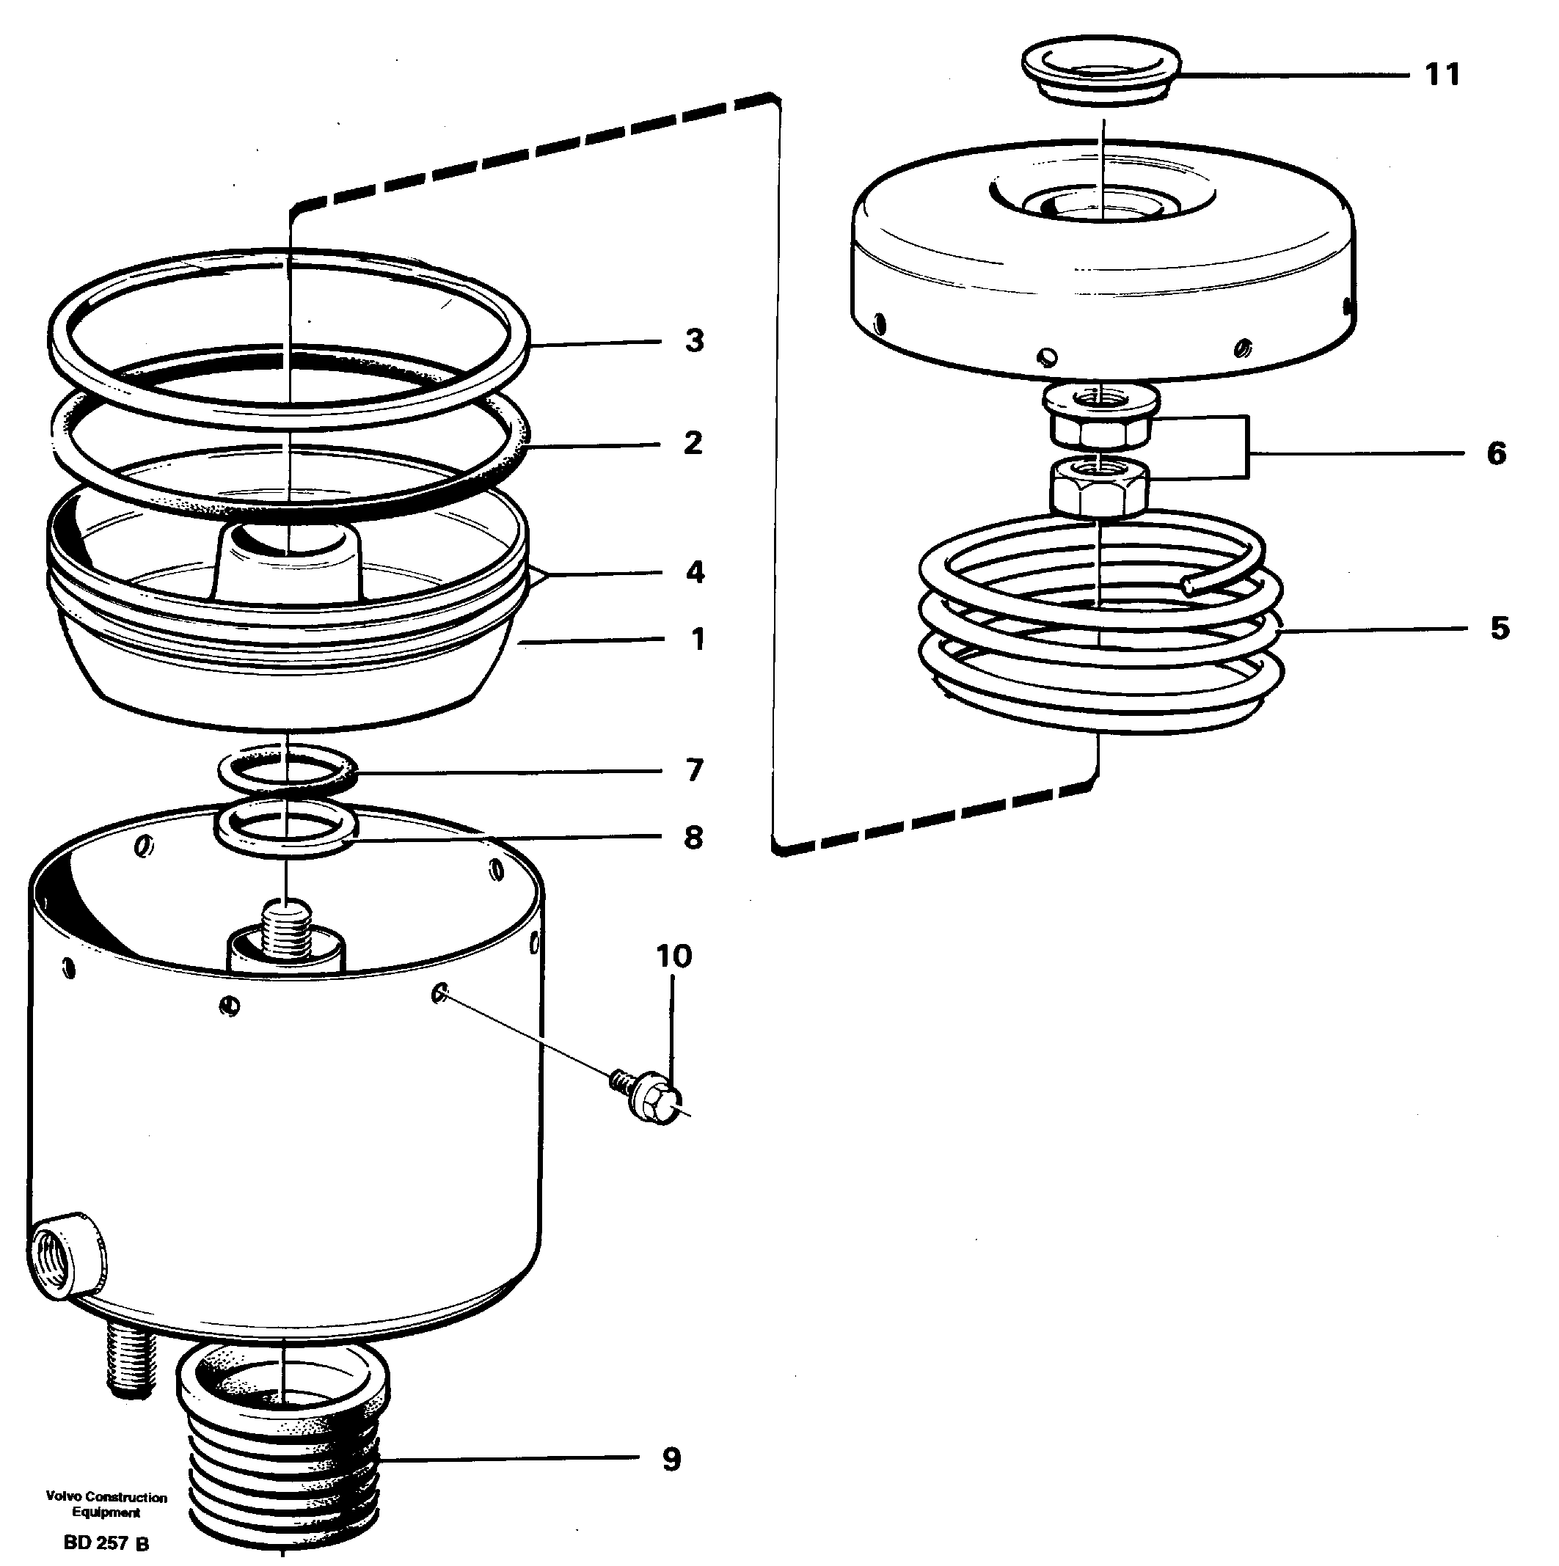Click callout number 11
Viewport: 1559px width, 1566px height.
click(1442, 75)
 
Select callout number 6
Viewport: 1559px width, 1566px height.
click(1496, 453)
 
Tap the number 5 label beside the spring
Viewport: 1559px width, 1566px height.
click(1499, 628)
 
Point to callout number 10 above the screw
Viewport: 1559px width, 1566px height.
click(673, 956)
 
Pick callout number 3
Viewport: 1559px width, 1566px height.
click(694, 340)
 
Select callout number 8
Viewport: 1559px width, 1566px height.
click(693, 838)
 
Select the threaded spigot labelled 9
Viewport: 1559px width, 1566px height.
click(283, 1451)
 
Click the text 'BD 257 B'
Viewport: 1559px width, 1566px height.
click(106, 1543)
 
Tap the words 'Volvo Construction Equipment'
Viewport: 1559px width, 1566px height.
click(106, 1504)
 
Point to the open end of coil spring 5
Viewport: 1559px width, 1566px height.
click(1189, 585)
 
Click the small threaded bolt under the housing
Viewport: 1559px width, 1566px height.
click(130, 1368)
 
